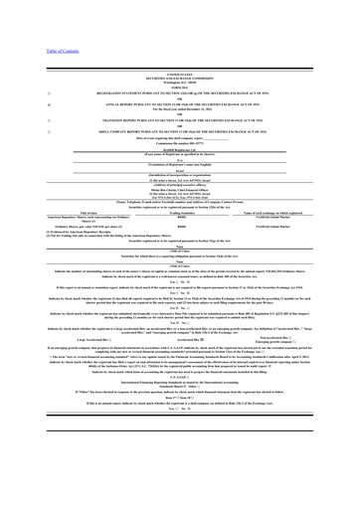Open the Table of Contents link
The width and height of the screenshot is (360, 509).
25,51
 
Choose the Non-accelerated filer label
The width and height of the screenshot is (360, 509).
298,334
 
